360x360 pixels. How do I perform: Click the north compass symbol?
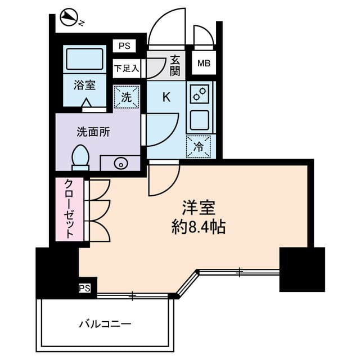point(69,18)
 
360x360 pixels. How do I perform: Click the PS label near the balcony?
point(84,289)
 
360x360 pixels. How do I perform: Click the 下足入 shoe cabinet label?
point(125,69)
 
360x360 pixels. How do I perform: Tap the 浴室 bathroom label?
point(83,85)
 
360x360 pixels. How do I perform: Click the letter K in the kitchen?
point(166,97)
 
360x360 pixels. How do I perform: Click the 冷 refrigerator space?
point(199,146)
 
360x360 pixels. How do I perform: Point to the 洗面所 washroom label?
point(93,133)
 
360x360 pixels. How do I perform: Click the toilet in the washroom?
point(80,156)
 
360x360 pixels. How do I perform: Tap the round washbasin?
point(120,164)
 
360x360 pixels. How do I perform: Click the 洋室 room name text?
point(199,208)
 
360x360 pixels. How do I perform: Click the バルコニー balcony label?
point(105,324)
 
